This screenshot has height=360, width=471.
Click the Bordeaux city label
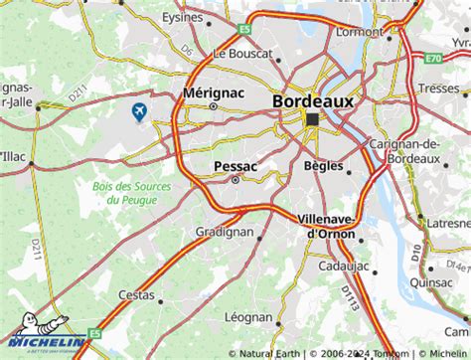click(x=313, y=101)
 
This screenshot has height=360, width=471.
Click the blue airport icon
click(x=139, y=110)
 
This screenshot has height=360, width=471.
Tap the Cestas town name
click(x=136, y=295)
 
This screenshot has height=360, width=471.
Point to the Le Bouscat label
click(x=243, y=52)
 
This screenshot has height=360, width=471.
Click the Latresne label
click(x=447, y=225)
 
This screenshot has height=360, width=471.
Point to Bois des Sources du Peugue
click(x=124, y=193)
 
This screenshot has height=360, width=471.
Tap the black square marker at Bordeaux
click(x=314, y=120)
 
